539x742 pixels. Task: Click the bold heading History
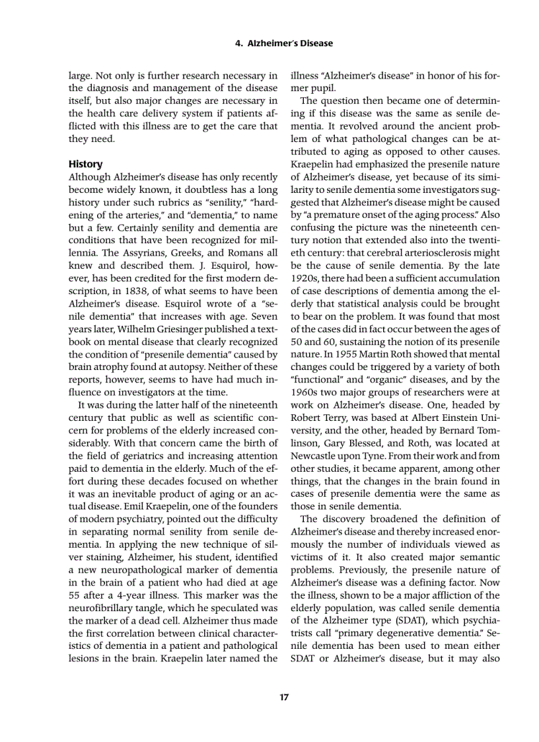(x=86, y=164)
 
